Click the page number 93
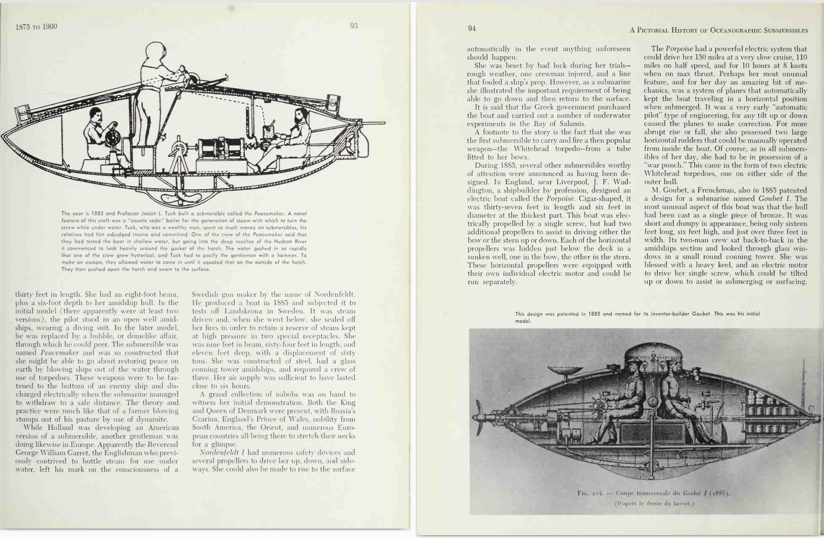[353, 26]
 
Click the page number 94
[472, 29]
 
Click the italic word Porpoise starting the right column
[679, 49]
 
